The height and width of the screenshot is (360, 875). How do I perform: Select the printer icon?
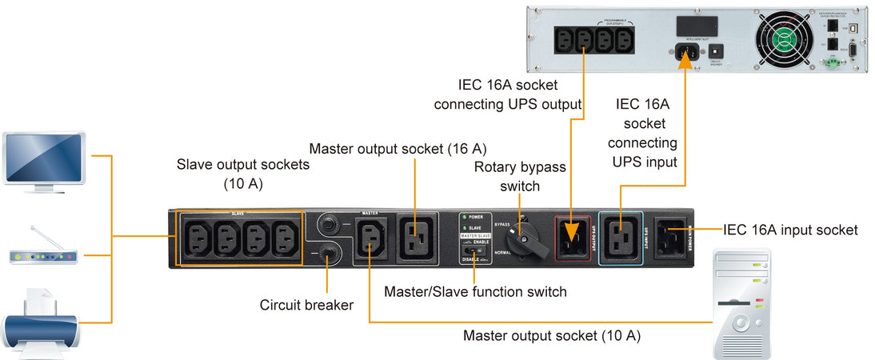click(42, 322)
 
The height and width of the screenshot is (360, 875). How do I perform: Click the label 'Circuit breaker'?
click(306, 305)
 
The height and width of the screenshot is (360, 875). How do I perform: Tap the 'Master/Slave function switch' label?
click(475, 292)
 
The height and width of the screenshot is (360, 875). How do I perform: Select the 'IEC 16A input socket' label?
click(790, 230)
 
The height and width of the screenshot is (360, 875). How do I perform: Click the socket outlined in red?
click(572, 236)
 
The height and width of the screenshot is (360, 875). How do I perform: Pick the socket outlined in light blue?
click(621, 236)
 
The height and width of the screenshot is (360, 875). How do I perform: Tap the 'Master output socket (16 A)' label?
click(398, 148)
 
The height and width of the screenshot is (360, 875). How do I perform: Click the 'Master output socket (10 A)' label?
click(552, 335)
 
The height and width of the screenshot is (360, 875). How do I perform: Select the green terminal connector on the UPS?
click(834, 60)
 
